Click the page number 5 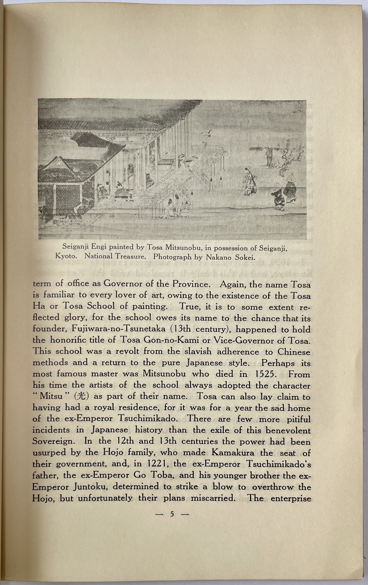(172, 514)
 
